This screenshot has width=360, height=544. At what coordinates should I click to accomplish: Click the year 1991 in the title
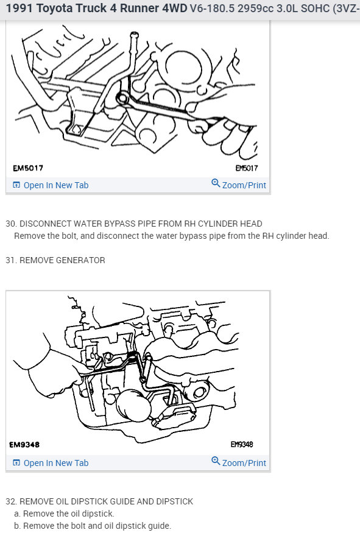click(x=17, y=9)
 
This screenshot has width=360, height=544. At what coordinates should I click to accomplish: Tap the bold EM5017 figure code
click(x=27, y=168)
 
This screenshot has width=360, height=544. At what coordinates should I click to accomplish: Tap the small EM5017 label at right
click(x=247, y=168)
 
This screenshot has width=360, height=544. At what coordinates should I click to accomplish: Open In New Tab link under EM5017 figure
click(x=55, y=185)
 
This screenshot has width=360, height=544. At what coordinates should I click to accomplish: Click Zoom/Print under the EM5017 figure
click(x=244, y=185)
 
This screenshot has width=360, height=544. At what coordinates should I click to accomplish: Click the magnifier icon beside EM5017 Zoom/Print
click(x=216, y=184)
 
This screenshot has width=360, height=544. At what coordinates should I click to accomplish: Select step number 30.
click(x=11, y=224)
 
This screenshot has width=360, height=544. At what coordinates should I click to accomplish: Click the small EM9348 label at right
click(x=242, y=445)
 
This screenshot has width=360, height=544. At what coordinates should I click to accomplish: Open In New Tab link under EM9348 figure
click(x=55, y=463)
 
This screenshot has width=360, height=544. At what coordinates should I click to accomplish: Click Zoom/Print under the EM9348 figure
click(x=244, y=463)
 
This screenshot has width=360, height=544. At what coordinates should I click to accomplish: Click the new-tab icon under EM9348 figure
click(x=16, y=463)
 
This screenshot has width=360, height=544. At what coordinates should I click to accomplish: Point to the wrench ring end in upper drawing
click(x=122, y=97)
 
